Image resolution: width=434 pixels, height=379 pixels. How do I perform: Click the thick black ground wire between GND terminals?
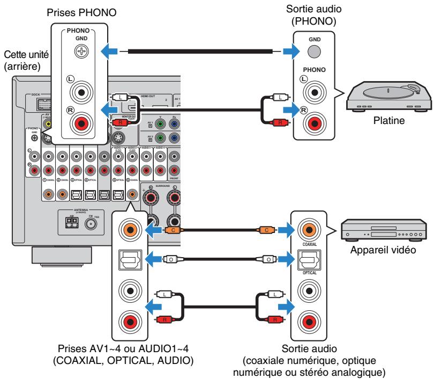click(x=201, y=52)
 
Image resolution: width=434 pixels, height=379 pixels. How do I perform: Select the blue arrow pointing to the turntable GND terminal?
click(x=290, y=52)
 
